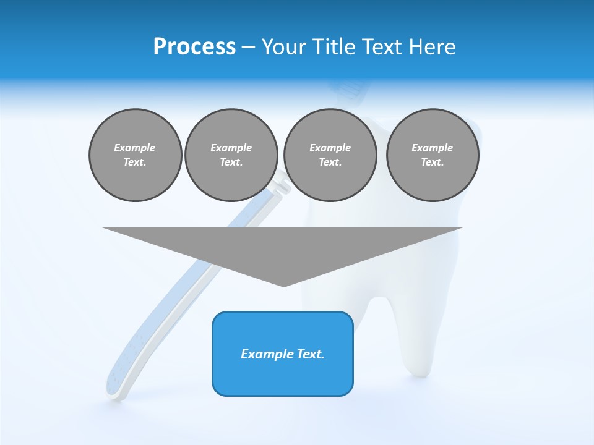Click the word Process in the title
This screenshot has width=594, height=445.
click(x=194, y=47)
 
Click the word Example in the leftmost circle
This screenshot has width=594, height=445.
click(x=135, y=148)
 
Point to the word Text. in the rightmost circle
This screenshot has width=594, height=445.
click(x=433, y=163)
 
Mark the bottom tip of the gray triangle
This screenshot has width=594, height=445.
click(x=283, y=285)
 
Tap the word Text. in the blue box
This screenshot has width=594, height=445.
click(x=311, y=354)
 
